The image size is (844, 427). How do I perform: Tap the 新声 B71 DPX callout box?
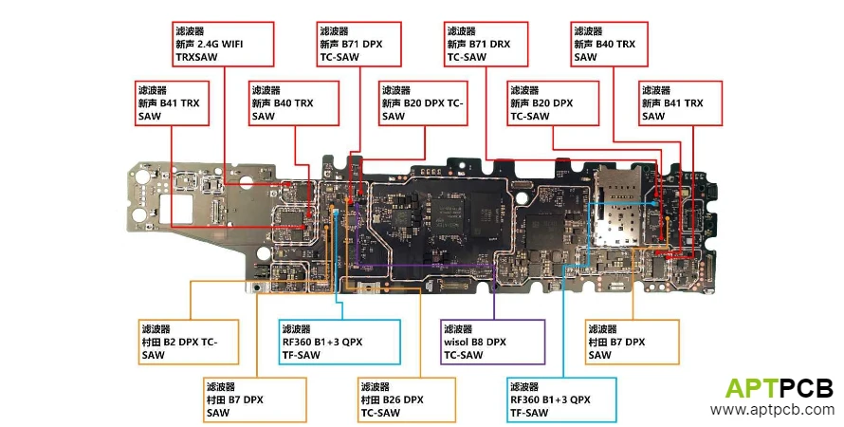tap(360, 44)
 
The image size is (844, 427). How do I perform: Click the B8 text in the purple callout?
tap(486, 342)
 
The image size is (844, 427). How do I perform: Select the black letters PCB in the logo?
tap(807, 387)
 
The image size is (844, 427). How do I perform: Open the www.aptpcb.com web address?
tap(772, 410)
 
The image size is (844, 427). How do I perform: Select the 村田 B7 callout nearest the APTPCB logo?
tap(632, 342)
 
